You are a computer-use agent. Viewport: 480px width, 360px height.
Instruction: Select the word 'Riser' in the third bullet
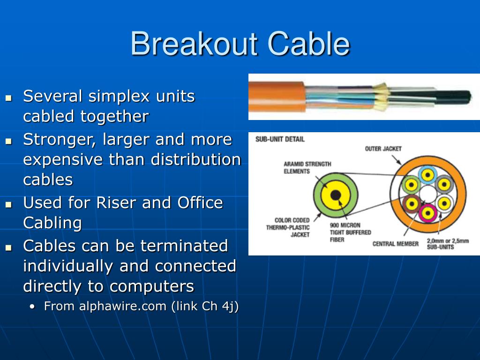[116, 203]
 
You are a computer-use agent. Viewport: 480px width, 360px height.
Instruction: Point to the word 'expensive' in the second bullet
[63, 159]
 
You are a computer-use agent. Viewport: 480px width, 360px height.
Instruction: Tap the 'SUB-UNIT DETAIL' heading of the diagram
[279, 139]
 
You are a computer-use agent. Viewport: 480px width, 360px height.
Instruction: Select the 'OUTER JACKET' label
[383, 149]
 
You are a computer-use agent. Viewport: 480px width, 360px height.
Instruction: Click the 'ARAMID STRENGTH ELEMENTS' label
[307, 168]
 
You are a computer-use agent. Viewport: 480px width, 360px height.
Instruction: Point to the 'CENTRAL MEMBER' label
[395, 244]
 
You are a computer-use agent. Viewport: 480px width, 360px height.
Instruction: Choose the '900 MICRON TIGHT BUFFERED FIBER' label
[350, 232]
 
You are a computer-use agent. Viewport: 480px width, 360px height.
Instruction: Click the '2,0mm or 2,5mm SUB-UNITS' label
[447, 244]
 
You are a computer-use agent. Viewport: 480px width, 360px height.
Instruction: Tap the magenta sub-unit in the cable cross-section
[427, 213]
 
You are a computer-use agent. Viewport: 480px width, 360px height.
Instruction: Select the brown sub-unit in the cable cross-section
[412, 203]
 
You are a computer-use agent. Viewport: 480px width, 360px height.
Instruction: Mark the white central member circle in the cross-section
[428, 194]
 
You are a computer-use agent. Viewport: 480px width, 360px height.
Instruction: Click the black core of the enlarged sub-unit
[336, 195]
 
